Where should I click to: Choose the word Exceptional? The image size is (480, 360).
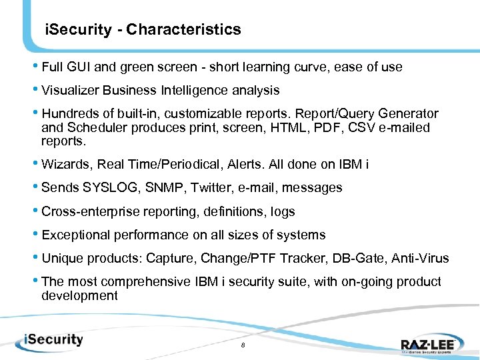pyautogui.click(x=75, y=235)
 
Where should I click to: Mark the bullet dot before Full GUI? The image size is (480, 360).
pyautogui.click(x=36, y=67)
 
